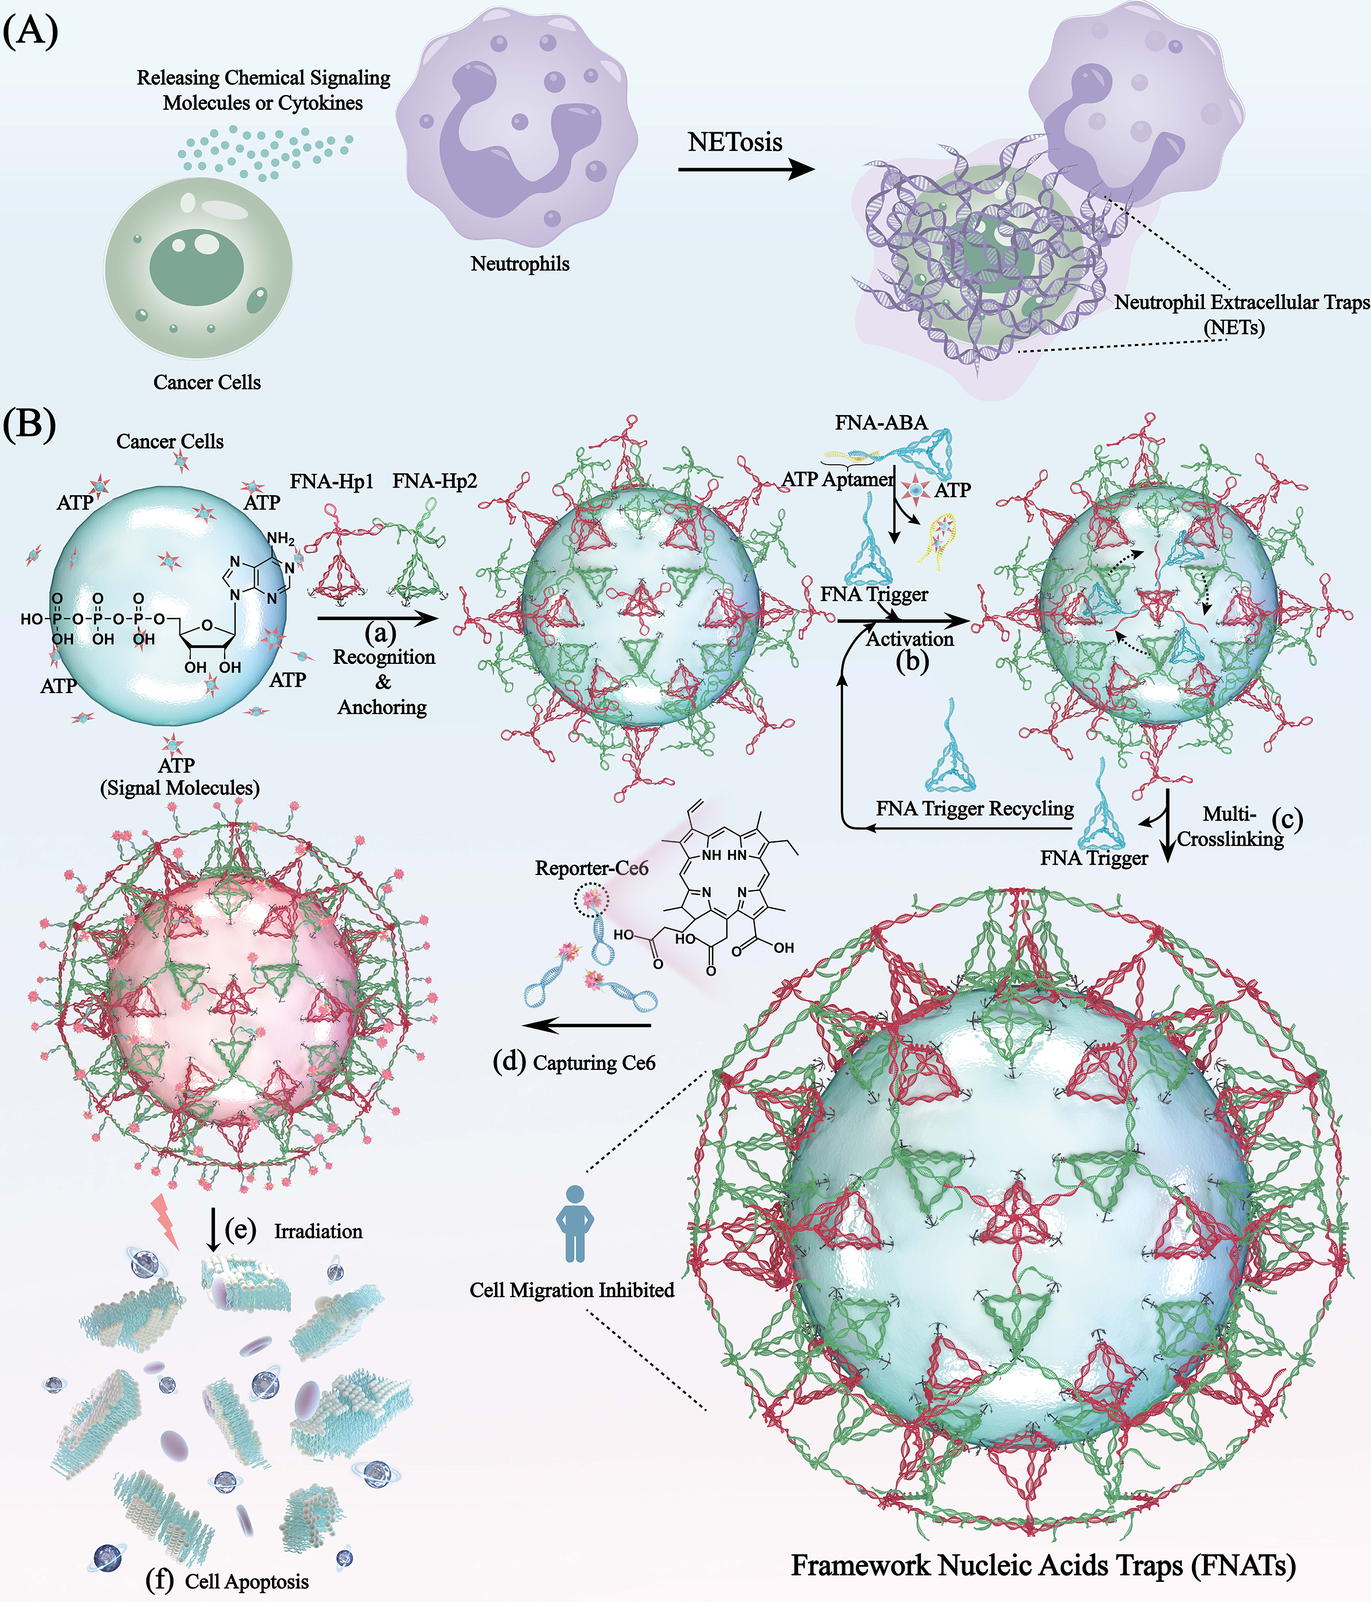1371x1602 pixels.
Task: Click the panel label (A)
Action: [31, 33]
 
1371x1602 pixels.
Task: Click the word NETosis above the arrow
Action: [735, 142]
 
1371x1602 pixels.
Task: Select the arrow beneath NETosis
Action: [746, 169]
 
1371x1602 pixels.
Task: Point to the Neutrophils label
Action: [520, 264]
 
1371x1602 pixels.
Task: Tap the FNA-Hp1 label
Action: [331, 482]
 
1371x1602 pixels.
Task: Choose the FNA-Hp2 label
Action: [434, 482]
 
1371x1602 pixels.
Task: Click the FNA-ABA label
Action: [881, 423]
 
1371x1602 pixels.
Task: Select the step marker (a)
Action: [380, 632]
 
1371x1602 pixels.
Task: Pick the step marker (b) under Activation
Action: [912, 661]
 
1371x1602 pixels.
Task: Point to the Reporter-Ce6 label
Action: [591, 868]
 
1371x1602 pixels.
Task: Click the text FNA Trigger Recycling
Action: [974, 809]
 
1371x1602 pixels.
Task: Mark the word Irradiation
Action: [318, 1231]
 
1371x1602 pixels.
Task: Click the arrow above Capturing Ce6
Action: [586, 1026]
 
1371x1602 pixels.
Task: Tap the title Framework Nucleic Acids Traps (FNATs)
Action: [1043, 1566]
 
